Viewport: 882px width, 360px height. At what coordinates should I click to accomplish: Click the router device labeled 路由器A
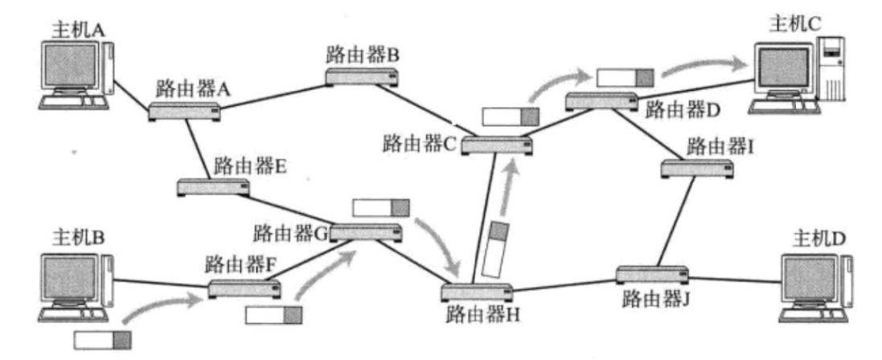(184, 112)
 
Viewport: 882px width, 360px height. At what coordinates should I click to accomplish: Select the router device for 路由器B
(362, 77)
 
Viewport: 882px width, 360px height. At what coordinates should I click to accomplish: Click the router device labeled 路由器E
(213, 188)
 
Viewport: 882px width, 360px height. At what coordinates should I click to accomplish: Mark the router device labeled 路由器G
(366, 231)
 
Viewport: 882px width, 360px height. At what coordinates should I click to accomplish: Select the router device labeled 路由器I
(697, 169)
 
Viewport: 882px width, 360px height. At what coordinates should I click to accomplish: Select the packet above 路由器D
(626, 77)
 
